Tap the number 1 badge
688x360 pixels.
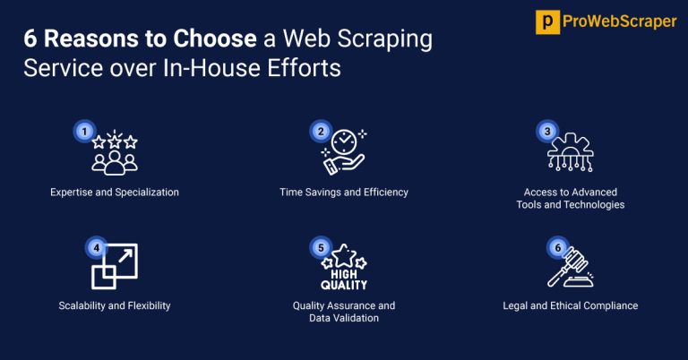coord(84,131)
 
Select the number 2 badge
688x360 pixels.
coord(319,131)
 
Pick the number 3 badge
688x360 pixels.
coord(546,131)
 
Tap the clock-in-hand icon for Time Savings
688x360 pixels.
coord(344,152)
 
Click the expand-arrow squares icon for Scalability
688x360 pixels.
coord(114,267)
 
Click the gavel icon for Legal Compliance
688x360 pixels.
coord(571,267)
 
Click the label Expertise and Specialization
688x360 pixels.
coord(115,193)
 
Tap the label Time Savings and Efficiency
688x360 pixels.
coord(343,193)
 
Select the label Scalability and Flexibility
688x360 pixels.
coord(115,305)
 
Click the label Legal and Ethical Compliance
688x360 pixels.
coord(571,305)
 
